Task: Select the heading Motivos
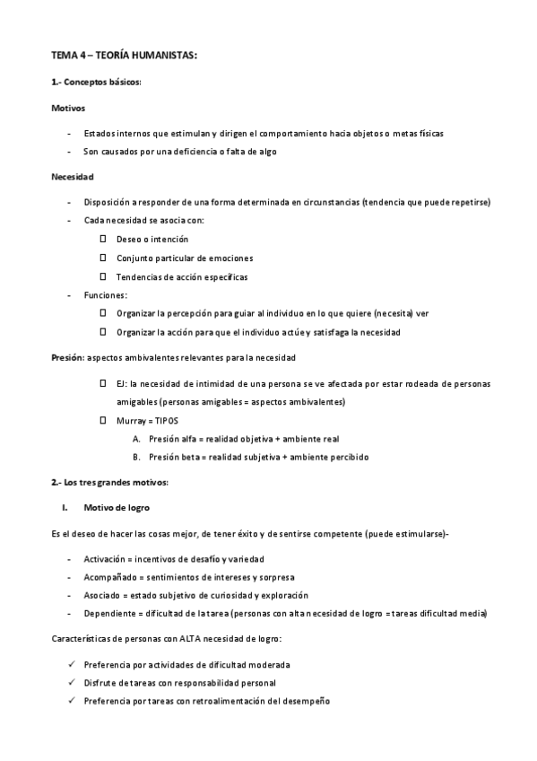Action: [68, 108]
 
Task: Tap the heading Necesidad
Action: [73, 177]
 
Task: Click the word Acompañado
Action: [108, 577]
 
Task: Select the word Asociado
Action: [101, 595]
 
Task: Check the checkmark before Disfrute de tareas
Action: [71, 682]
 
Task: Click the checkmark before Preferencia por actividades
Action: [71, 664]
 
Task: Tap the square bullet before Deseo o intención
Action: [103, 240]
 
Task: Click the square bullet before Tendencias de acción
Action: [103, 276]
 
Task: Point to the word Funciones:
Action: [106, 295]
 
